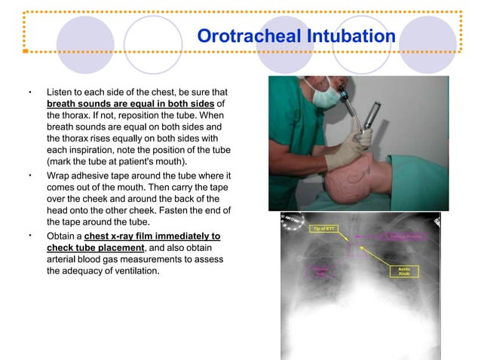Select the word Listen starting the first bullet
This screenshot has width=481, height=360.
[x=63, y=91]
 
